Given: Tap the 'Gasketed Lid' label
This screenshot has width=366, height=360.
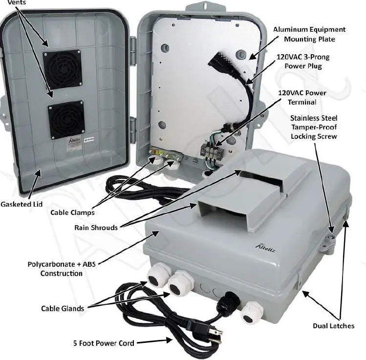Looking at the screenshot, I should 21,203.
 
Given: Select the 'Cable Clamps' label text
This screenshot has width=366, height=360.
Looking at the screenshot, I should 72,212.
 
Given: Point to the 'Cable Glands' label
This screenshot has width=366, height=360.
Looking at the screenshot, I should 62,308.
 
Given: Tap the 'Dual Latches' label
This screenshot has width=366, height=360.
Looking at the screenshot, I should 334,326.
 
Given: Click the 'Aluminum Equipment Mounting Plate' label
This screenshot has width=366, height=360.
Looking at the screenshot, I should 309,34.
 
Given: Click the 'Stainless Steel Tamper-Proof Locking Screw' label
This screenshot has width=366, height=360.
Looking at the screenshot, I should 314,127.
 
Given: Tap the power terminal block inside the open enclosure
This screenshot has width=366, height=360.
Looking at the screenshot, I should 212,149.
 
